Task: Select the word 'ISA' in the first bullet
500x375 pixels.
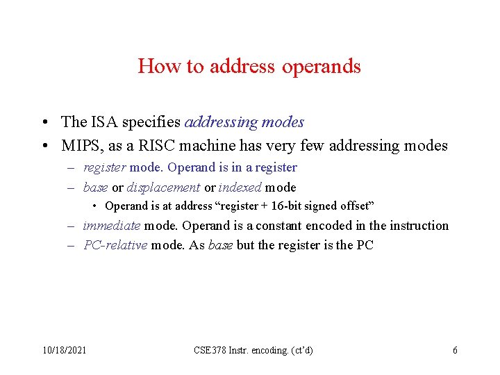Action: (103, 122)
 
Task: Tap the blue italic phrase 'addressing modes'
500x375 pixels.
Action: (244, 122)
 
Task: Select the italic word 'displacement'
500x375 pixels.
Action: (163, 187)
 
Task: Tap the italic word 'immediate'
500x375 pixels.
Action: (111, 226)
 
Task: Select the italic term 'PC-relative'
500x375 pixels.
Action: (115, 245)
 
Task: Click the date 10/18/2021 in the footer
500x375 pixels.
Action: (63, 351)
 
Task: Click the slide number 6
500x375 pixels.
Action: (455, 351)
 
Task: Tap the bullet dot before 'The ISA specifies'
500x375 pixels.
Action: (44, 123)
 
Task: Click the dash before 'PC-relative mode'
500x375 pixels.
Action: (72, 245)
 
